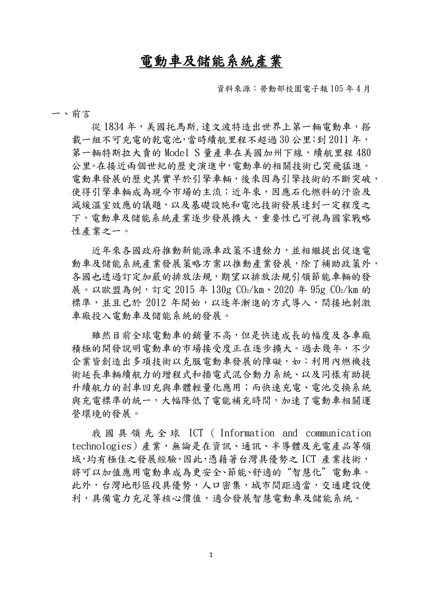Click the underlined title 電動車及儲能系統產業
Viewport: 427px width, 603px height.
211,62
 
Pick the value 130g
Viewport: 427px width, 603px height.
221,290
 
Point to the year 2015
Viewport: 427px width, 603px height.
185,290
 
